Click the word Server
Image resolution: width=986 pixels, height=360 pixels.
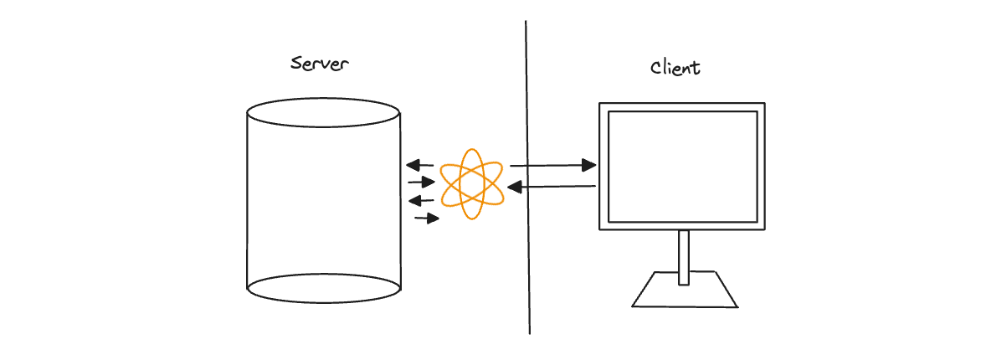(x=320, y=64)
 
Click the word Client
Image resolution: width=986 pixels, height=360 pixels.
(x=675, y=67)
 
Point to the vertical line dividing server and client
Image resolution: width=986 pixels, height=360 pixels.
(x=527, y=177)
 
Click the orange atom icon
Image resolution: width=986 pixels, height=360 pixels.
(x=471, y=184)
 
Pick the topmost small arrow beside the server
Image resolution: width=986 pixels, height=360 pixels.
(x=420, y=166)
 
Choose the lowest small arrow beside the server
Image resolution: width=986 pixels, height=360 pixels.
(x=427, y=219)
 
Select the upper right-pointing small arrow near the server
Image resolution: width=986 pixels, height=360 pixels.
(x=421, y=183)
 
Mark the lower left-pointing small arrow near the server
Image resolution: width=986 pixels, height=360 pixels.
(x=421, y=201)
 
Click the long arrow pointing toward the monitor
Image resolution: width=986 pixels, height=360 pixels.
(x=553, y=166)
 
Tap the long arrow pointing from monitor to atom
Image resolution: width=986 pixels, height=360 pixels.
(x=552, y=187)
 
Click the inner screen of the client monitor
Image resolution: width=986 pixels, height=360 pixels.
(x=682, y=166)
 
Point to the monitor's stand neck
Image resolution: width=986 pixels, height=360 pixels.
(x=684, y=257)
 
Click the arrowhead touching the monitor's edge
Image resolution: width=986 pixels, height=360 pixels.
(x=589, y=166)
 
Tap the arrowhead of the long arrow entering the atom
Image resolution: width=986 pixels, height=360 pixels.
(x=515, y=187)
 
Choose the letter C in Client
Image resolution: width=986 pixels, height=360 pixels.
(x=656, y=68)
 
